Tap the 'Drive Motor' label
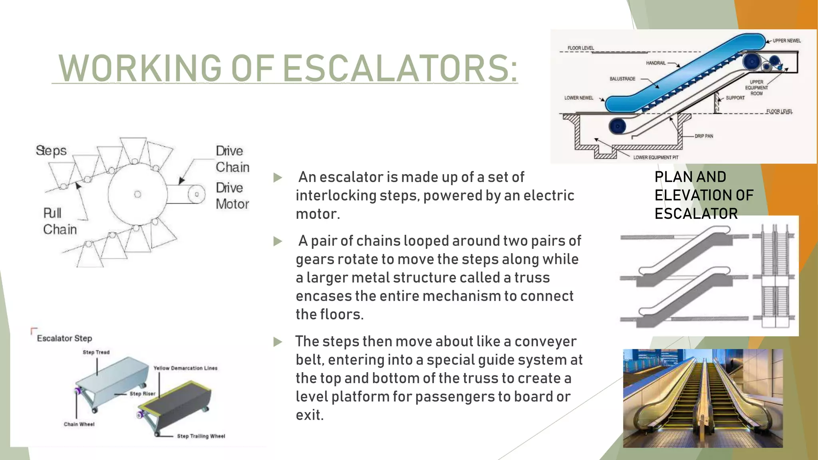232,196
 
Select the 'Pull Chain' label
60,221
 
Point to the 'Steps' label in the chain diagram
51,151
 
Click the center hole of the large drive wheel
138,194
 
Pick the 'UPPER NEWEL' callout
786,41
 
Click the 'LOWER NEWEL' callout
579,98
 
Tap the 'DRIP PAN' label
704,136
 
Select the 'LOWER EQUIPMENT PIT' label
656,157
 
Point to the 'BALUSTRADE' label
622,79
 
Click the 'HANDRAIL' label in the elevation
656,63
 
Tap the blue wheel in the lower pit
617,127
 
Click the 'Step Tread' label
96,352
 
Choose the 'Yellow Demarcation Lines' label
185,368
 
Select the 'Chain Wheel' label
79,424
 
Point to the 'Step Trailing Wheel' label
201,436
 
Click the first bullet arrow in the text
277,178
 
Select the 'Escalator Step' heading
64,339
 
